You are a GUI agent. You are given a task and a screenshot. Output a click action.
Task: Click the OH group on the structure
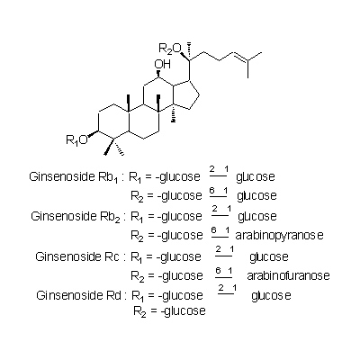point(162,65)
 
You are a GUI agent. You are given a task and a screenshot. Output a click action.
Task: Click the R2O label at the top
point(170,49)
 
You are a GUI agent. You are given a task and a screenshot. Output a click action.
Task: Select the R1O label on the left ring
point(76,139)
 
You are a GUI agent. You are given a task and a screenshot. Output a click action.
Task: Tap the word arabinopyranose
point(280,235)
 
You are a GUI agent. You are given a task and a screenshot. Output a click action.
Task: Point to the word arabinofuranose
point(288,275)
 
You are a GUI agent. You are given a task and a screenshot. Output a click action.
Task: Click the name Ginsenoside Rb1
point(76,177)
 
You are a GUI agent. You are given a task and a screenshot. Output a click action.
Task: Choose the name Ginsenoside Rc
point(77,256)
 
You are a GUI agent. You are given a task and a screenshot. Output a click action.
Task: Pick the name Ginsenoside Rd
point(78,295)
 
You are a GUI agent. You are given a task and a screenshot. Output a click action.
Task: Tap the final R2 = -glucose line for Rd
point(169,310)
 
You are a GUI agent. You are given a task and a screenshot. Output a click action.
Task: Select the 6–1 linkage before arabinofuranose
point(224,274)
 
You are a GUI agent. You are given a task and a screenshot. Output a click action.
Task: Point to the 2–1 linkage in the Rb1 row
point(219,172)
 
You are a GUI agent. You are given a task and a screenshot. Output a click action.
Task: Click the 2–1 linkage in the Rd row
point(227,290)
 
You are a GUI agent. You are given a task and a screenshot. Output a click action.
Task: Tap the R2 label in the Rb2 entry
point(136,236)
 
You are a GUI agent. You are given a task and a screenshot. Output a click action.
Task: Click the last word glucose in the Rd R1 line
point(271,296)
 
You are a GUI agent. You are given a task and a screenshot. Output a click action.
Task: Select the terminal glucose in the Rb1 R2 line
point(256,196)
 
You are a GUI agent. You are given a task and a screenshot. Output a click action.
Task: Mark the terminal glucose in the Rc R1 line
point(269,257)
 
